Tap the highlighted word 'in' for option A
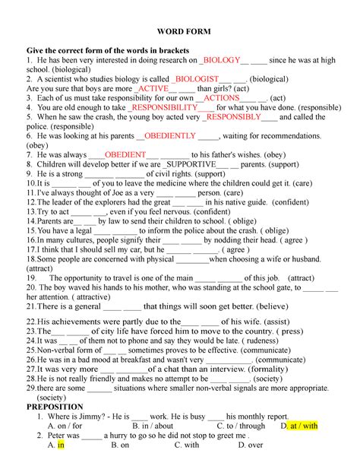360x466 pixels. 61,446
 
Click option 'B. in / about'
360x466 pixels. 152,426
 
